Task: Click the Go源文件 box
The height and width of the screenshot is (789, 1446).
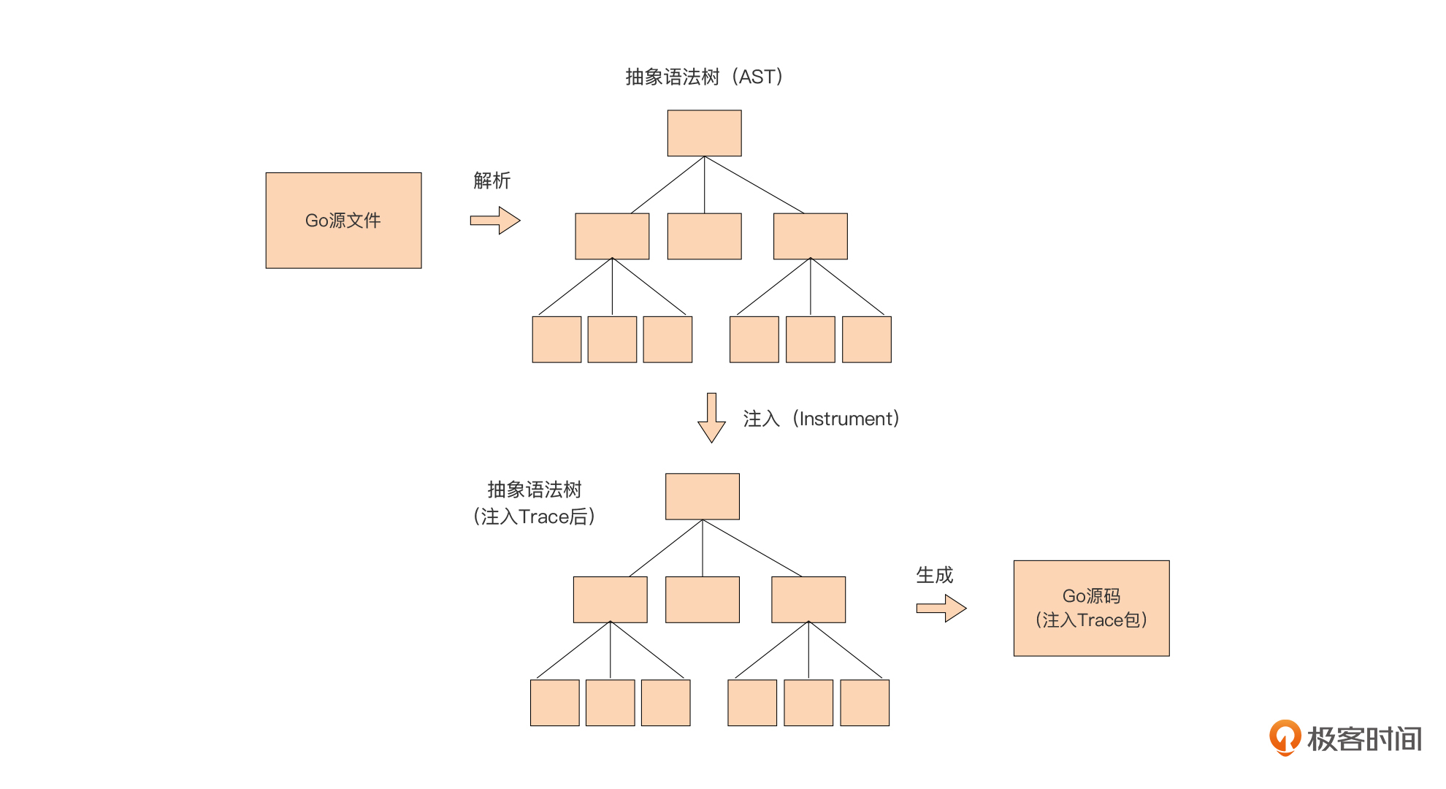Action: [343, 221]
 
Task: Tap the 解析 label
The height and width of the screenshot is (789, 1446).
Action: [491, 180]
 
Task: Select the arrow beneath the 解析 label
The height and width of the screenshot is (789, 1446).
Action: [494, 220]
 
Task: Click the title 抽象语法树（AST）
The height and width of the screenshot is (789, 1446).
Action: [704, 77]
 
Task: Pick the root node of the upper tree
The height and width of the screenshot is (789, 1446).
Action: [704, 133]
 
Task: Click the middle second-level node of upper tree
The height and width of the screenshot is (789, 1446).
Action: [704, 236]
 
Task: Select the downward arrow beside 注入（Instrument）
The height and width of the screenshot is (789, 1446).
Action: [711, 418]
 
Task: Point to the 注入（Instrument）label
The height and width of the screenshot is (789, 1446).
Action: [821, 419]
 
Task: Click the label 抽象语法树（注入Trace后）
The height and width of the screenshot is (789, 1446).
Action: [534, 503]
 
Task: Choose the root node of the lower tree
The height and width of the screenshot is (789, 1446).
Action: [702, 497]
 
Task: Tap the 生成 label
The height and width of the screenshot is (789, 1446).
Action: [934, 575]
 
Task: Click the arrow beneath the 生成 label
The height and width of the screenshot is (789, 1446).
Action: [941, 608]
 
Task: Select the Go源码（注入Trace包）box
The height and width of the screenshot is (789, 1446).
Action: [1091, 608]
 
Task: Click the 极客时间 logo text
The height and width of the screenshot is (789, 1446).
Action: [1364, 739]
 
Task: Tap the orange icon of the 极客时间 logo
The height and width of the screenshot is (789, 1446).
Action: [1285, 736]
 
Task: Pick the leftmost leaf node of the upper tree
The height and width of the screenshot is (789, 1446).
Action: [556, 339]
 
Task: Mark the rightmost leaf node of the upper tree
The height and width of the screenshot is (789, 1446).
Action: [866, 339]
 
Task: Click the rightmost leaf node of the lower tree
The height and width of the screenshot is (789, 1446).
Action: [865, 703]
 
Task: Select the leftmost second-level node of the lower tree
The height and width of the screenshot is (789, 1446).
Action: [610, 599]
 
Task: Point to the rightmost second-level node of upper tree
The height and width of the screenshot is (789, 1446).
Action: [810, 236]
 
